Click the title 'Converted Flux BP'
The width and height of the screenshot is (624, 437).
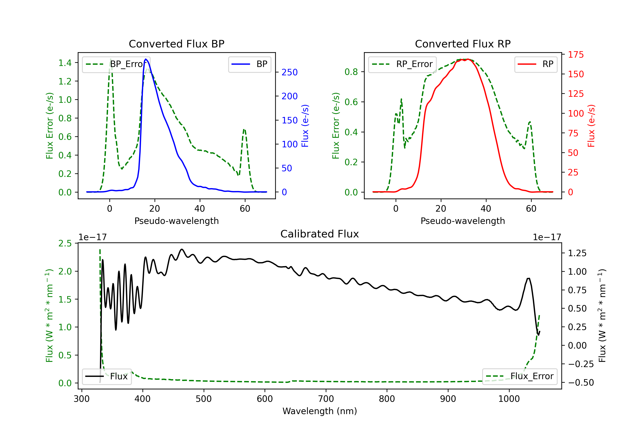176,44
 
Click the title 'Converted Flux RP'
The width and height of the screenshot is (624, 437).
463,44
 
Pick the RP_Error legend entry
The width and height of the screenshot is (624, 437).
402,64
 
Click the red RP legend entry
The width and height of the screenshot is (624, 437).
536,64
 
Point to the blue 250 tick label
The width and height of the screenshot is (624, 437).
290,72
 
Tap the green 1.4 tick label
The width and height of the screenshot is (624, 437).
65,63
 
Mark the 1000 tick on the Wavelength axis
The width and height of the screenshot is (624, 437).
509,399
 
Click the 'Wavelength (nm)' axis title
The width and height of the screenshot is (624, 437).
320,411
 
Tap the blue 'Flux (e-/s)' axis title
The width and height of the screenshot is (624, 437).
305,126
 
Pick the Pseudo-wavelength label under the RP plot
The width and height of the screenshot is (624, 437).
463,221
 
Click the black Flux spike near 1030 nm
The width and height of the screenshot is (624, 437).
528,278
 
